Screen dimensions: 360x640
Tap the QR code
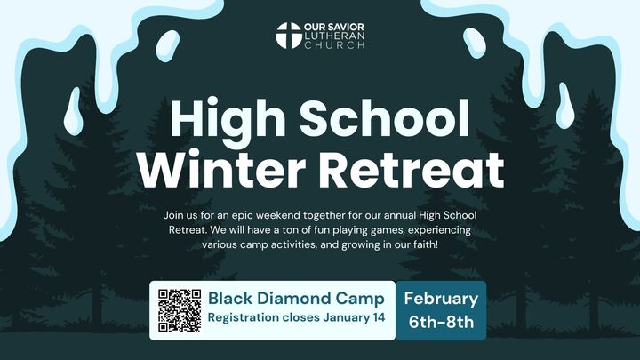180,309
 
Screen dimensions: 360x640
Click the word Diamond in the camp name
301,298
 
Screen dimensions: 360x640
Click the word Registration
245,318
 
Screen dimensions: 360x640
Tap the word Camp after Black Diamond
366,298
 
